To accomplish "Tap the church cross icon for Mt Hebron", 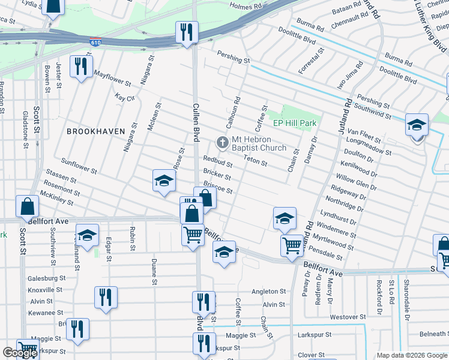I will (221, 143).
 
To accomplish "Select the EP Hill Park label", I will (295, 123).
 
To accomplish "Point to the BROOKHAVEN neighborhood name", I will (95, 131).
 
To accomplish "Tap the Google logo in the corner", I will (20, 353).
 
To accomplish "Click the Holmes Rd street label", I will (247, 6).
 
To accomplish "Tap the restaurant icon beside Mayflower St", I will (81, 65).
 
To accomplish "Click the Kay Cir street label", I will (124, 97).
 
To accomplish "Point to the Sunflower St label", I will (79, 166).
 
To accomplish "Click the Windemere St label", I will (336, 229).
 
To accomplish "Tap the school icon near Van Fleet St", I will (417, 126).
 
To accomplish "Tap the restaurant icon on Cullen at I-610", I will (187, 32).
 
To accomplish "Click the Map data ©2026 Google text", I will (412, 355).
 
